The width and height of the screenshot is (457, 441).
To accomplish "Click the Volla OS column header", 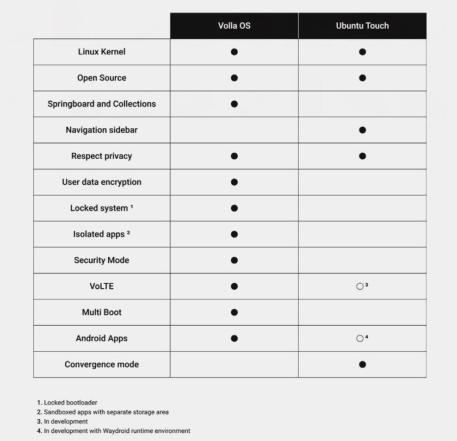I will click(234, 26).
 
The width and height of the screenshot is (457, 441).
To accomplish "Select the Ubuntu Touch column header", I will click(362, 26).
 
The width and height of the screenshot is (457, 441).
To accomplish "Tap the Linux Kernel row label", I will click(102, 52).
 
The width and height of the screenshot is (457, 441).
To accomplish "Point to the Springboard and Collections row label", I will click(102, 104).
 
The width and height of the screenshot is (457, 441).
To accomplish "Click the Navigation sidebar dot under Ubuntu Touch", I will click(362, 130).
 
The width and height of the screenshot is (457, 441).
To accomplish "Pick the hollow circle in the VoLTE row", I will click(360, 286).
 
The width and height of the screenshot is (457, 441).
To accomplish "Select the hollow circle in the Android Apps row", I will click(360, 338).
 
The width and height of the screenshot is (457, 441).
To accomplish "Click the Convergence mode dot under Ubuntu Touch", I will click(362, 364).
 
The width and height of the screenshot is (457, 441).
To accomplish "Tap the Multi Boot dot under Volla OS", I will click(234, 312).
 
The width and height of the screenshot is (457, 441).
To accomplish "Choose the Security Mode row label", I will click(102, 260).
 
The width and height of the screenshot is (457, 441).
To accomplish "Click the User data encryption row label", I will click(102, 182).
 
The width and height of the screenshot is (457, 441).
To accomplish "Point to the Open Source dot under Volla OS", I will click(234, 78).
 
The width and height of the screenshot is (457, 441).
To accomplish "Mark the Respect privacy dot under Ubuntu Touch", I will click(362, 156).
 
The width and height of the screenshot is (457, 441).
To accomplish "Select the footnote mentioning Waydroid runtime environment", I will click(114, 431).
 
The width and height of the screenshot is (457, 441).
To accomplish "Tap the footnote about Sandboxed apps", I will click(103, 412).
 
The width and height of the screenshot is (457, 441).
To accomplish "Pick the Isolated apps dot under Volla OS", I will click(234, 234).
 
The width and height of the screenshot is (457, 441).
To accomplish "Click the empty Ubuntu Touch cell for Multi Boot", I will click(362, 312).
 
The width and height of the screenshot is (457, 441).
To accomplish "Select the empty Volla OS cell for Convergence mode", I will click(234, 364).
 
